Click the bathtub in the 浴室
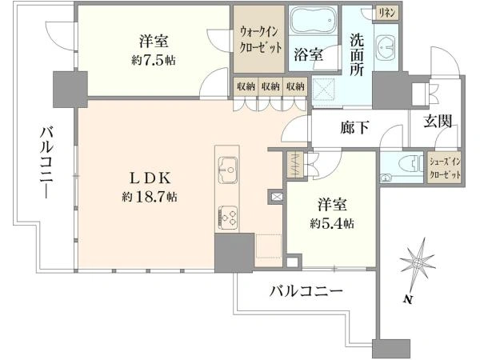pos(314,21)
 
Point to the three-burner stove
pos(228,217)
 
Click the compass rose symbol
pos(417,263)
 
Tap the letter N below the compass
pos(407,299)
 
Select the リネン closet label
pos(387,13)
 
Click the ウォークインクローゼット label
pos(260,40)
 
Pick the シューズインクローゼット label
pos(446,168)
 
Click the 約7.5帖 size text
pos(154,61)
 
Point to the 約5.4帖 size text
pos(332,224)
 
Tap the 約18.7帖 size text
pos(150,197)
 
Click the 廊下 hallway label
pos(354,127)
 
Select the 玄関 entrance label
pos(438,122)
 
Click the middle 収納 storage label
pos(270,86)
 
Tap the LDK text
pos(150,178)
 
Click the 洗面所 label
pos(357,54)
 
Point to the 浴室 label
pos(308,55)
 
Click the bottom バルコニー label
pos(306,291)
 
